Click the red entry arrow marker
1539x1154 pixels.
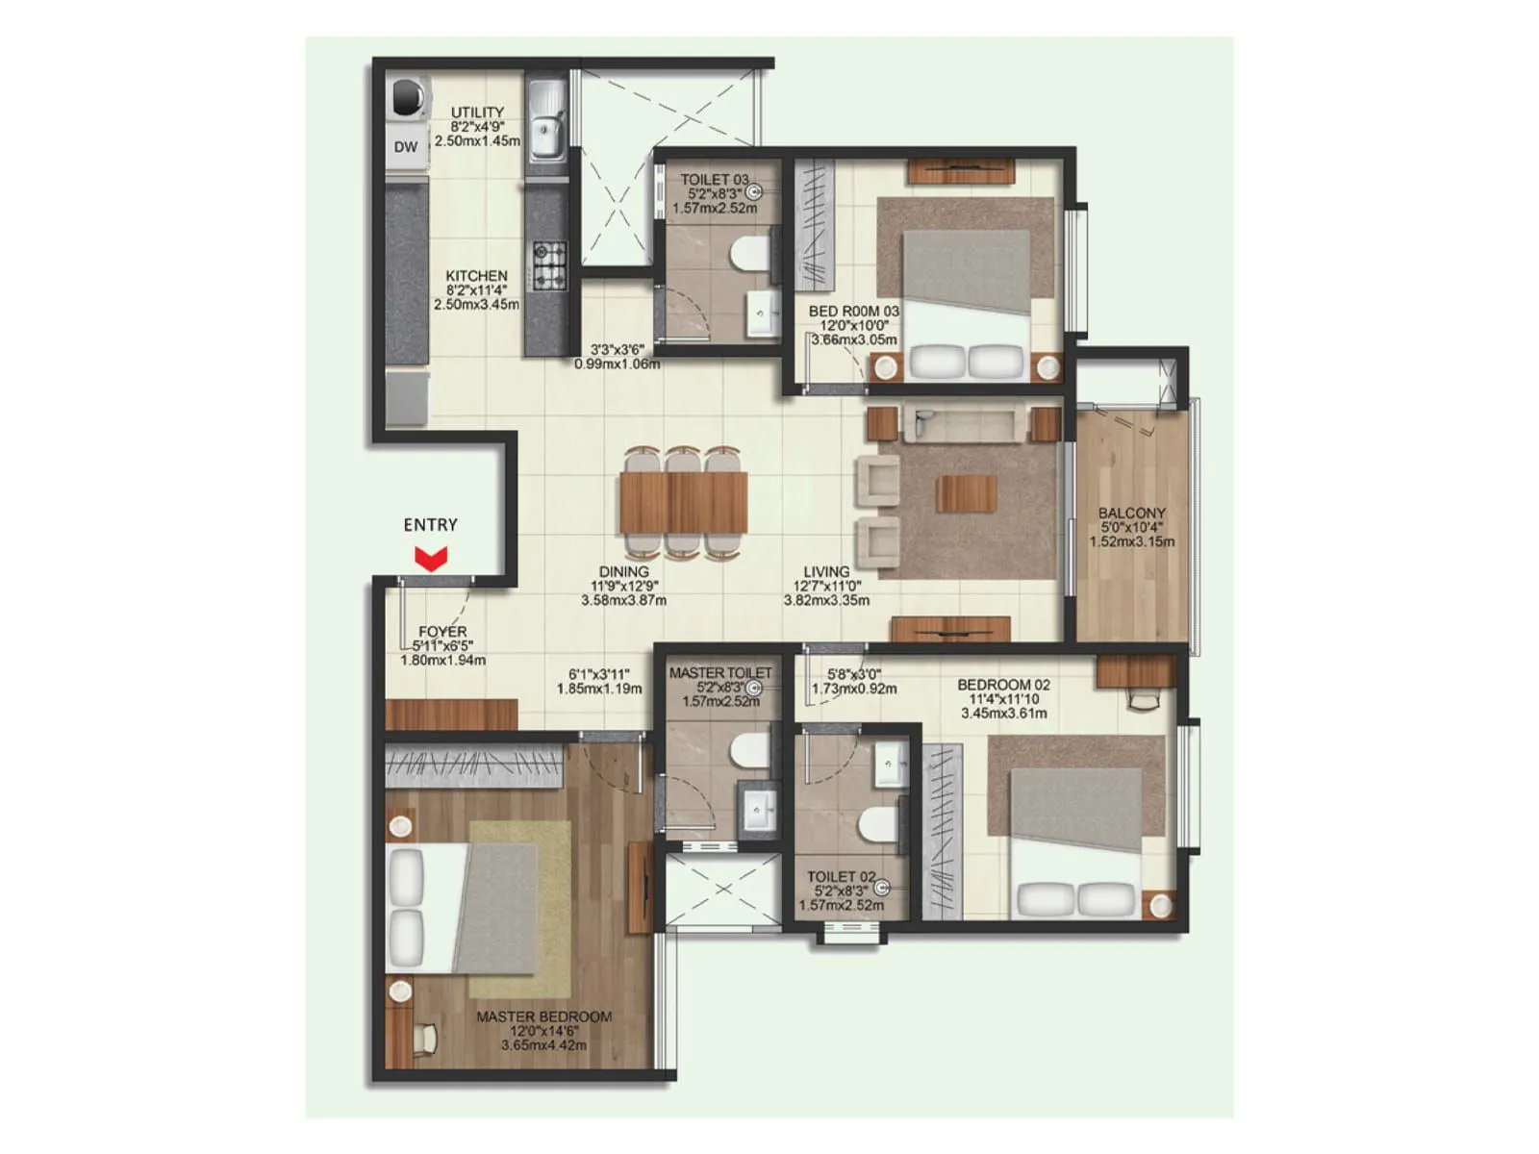coord(431,559)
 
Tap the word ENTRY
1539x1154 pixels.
coord(430,525)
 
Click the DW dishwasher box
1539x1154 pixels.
coord(406,147)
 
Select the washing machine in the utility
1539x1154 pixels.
coord(408,97)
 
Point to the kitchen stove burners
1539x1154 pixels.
coord(550,266)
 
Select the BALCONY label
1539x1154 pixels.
coord(1132,514)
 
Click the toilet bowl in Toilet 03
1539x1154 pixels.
coord(749,255)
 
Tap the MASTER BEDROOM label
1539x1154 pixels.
coord(543,1016)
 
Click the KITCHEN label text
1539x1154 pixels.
coord(476,276)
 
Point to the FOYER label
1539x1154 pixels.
coord(442,632)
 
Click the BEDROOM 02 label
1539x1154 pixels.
coord(1003,685)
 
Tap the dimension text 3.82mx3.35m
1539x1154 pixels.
coord(826,600)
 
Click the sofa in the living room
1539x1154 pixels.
coord(964,423)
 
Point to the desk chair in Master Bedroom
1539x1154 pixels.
coord(424,1039)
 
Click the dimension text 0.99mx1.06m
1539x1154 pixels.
coord(617,364)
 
